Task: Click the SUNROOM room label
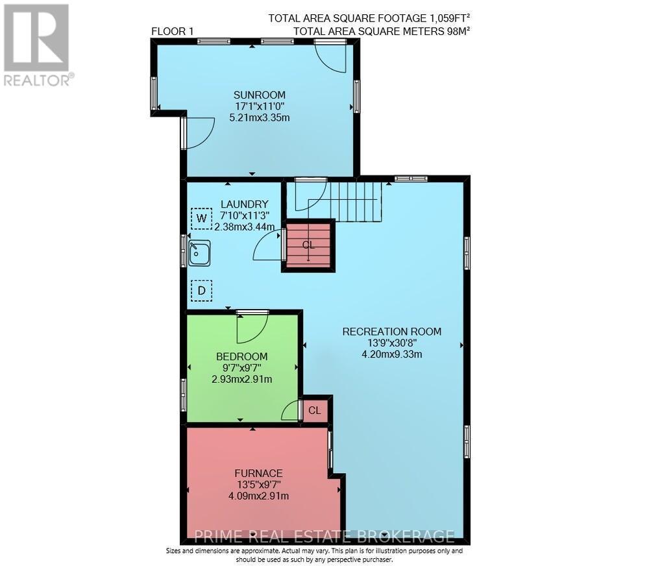(260, 94)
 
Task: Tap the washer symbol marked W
(202, 218)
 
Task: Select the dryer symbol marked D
(202, 291)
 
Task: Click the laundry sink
(199, 253)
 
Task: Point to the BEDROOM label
(241, 356)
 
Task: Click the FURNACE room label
(259, 473)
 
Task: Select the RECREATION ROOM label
(392, 332)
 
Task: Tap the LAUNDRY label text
(244, 204)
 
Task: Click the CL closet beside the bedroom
(315, 410)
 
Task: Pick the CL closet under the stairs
(308, 245)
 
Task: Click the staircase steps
(355, 202)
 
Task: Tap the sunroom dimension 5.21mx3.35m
(260, 117)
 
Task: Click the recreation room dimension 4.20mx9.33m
(392, 354)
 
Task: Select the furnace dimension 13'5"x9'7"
(259, 484)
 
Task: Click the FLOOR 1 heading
(173, 31)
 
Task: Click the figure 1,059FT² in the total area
(450, 18)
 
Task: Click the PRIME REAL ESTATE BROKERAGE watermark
(324, 537)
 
